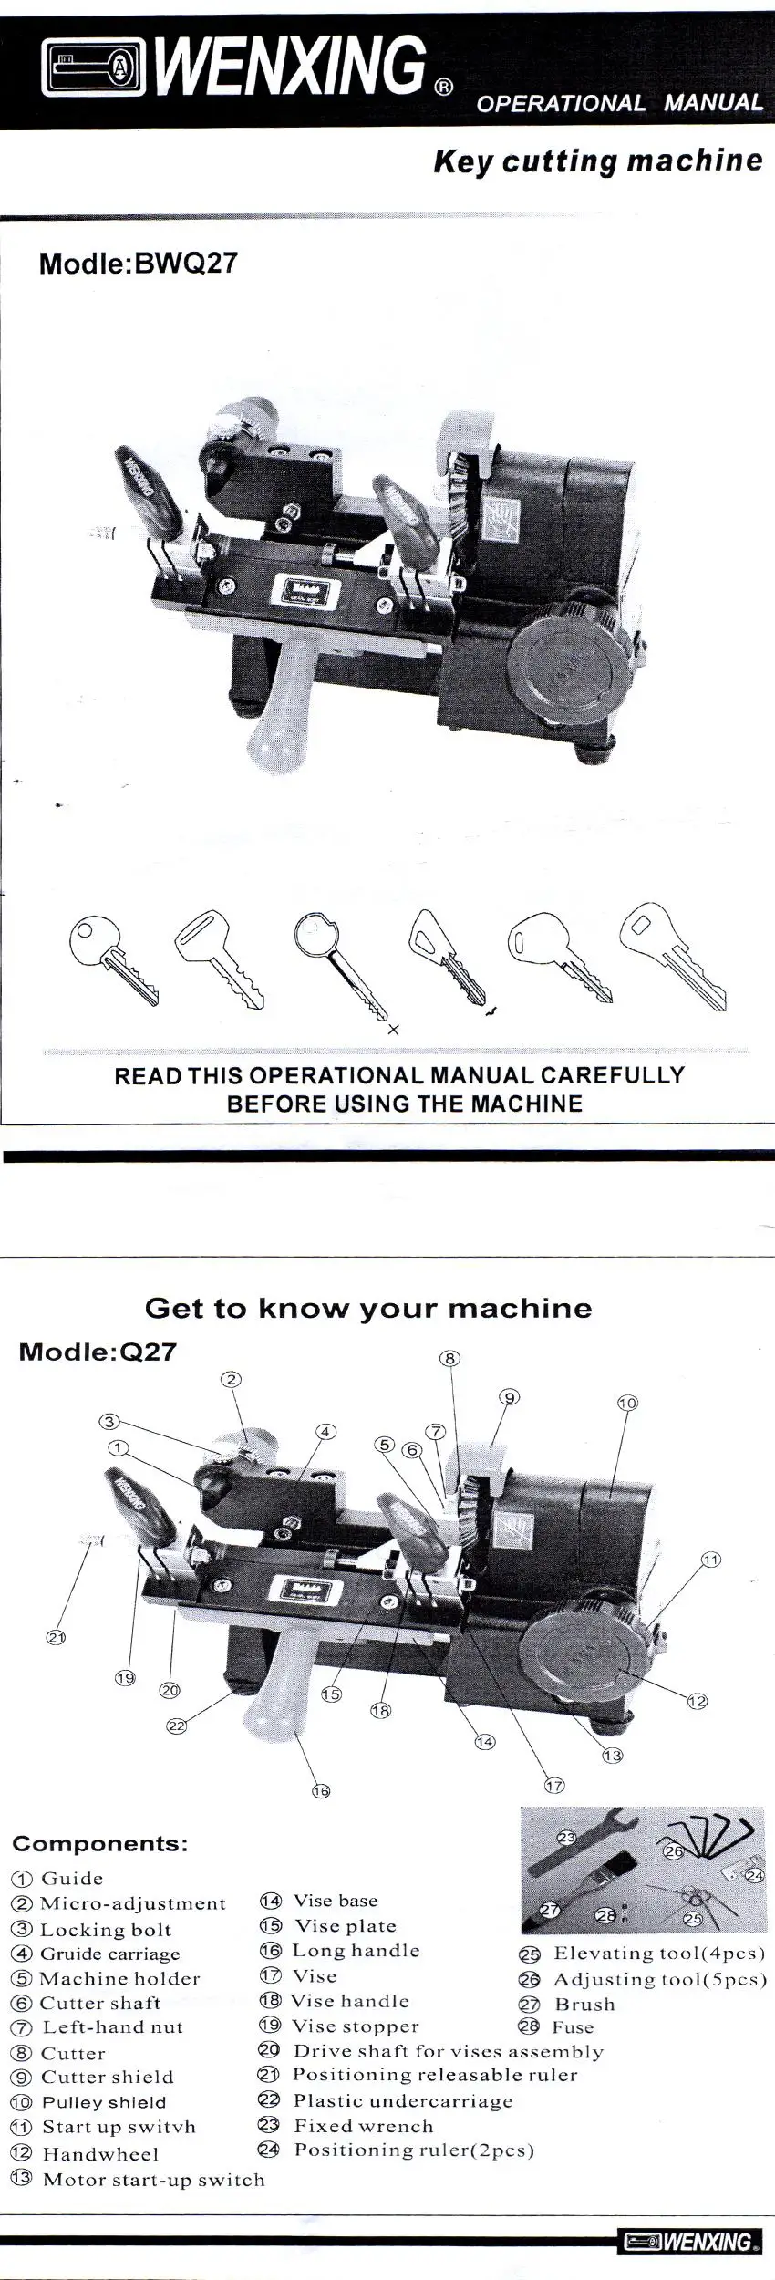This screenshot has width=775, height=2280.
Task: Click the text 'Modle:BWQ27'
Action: tap(139, 264)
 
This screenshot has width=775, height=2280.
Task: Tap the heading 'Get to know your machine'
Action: tap(368, 1309)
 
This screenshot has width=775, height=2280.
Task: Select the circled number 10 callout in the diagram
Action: tap(627, 1403)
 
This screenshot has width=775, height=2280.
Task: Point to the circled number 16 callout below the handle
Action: tap(321, 1791)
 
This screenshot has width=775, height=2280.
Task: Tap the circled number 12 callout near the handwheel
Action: tap(697, 1701)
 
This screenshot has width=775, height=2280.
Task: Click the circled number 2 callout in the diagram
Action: tap(232, 1379)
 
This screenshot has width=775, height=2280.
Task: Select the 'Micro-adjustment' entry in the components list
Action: tap(133, 1903)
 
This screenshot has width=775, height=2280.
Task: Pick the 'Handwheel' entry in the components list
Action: tap(100, 2154)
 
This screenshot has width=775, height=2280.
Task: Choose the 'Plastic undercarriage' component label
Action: tap(403, 2100)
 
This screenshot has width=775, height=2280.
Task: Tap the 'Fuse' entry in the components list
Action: tap(573, 2026)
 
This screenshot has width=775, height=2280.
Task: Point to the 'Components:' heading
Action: tap(100, 1844)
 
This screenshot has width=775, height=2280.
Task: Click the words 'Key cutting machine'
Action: tap(598, 161)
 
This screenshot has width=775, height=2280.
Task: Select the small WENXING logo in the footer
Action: tap(691, 2241)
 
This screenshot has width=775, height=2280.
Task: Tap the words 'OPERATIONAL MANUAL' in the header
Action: tap(620, 103)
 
